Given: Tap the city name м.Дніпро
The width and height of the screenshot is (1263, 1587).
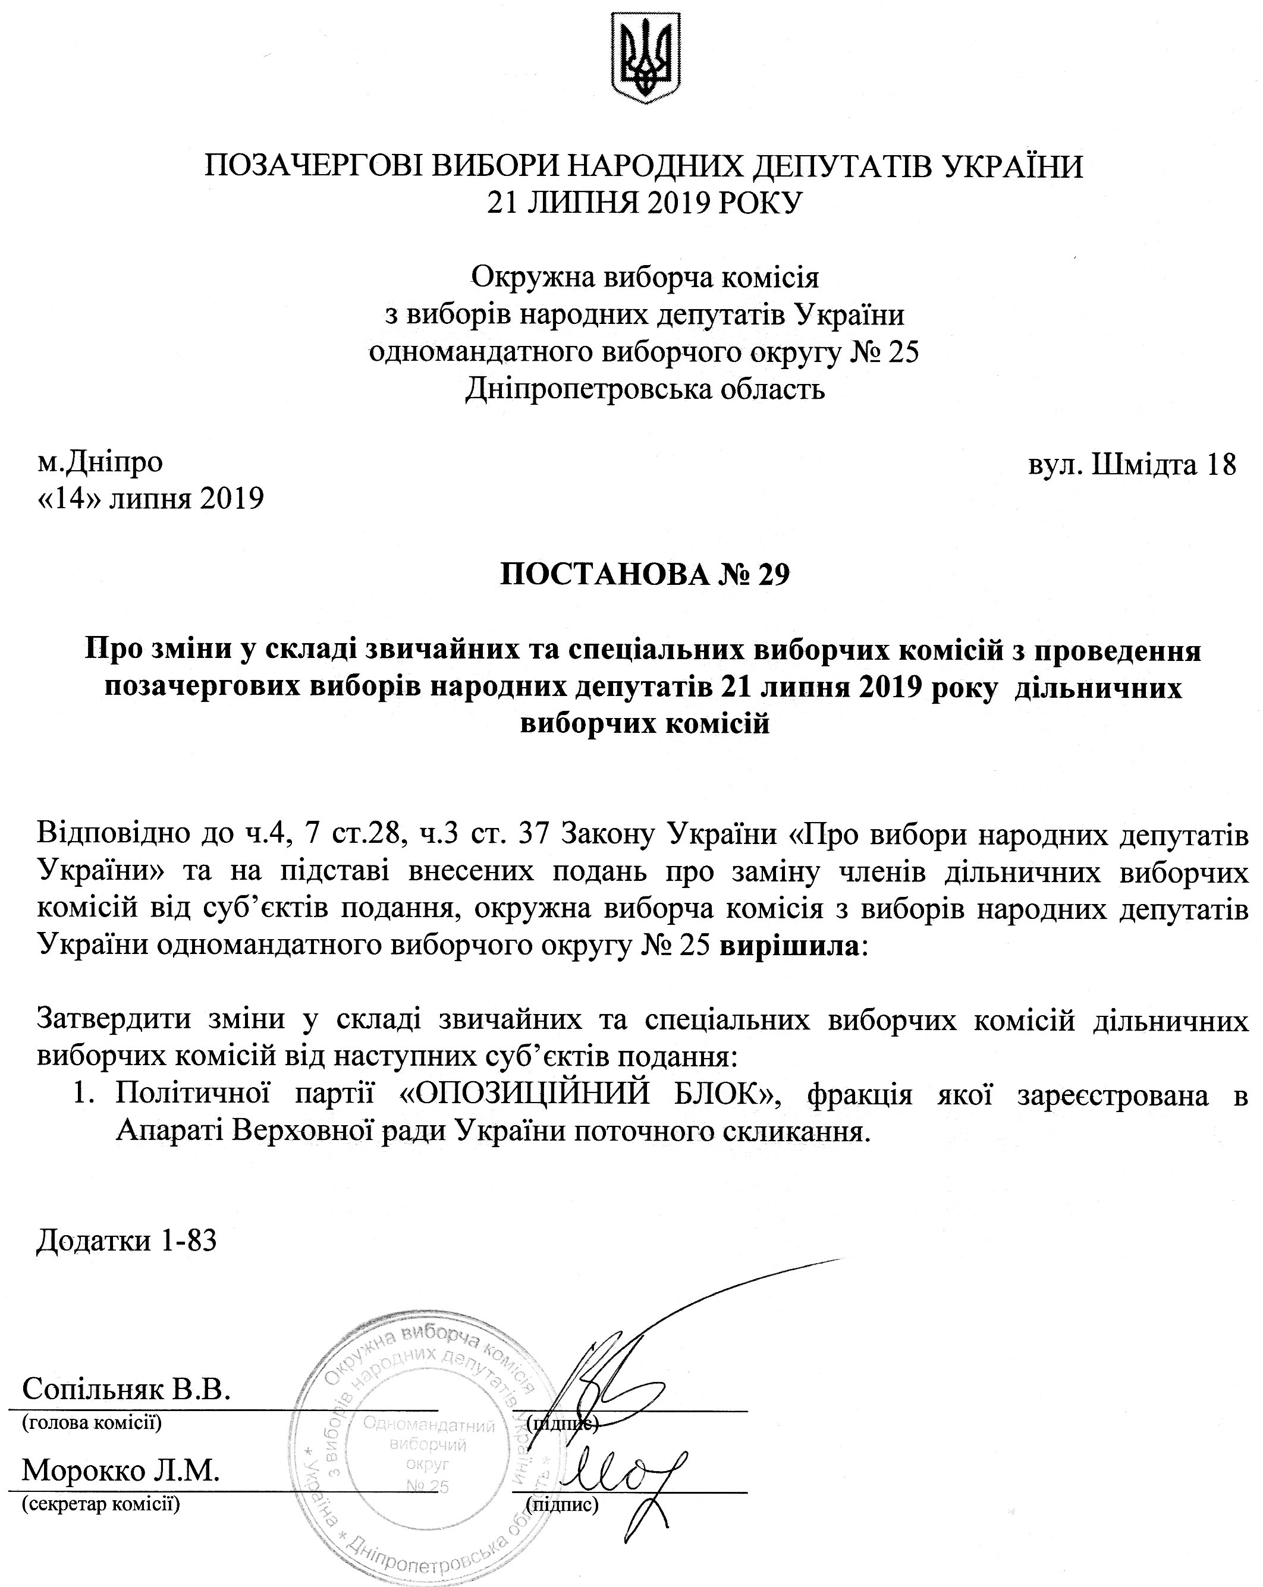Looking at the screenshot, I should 100,462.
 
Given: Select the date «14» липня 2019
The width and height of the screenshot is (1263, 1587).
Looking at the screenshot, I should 150,498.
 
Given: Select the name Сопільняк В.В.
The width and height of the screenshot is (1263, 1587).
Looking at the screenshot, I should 127,1389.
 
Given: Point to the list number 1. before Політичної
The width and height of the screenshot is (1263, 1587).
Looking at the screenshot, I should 84,1095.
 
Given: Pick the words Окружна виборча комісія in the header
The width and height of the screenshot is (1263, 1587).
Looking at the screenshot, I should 645,278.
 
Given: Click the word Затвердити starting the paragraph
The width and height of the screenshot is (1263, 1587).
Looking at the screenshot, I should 114,1019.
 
